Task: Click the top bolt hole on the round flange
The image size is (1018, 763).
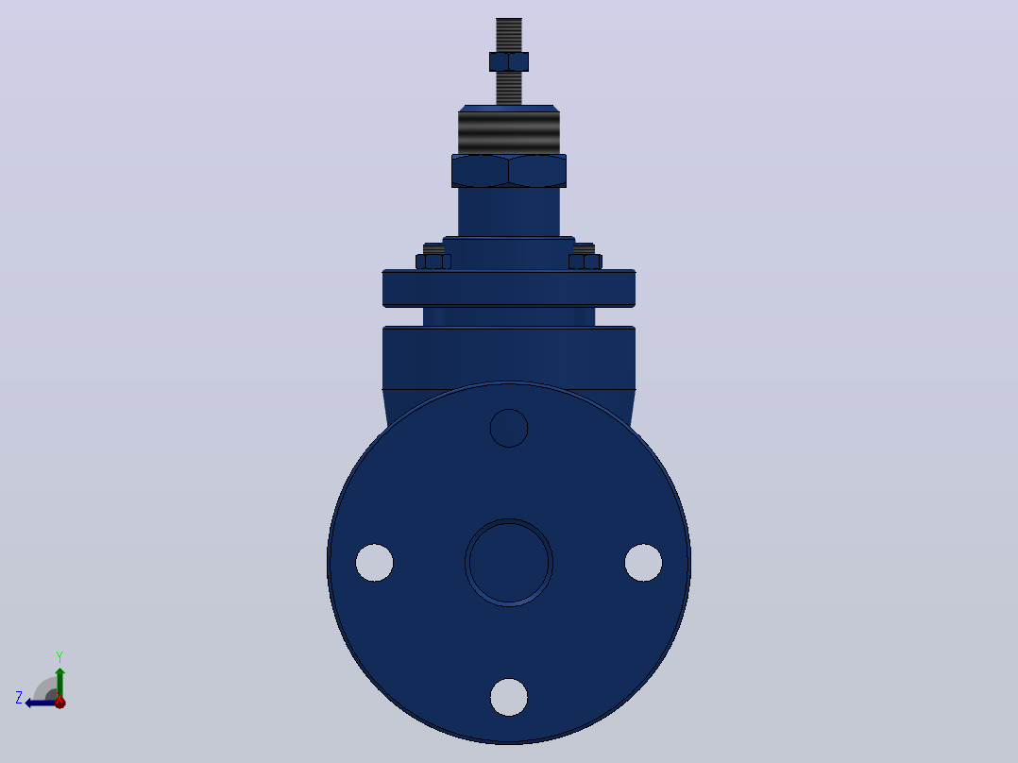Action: (x=509, y=428)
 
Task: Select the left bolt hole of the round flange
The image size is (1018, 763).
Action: (x=375, y=563)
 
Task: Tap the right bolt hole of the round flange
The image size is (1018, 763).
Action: (x=643, y=563)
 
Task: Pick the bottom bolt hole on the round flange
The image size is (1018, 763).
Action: (x=509, y=697)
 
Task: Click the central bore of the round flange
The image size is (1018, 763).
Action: (x=509, y=563)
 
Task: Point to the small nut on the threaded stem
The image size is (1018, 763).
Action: (x=509, y=61)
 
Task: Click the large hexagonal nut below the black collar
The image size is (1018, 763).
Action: (x=509, y=171)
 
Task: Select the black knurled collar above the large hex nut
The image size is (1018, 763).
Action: (x=509, y=132)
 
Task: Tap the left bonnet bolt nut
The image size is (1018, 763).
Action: (x=433, y=262)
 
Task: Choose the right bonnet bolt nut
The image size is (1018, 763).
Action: (x=585, y=262)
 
